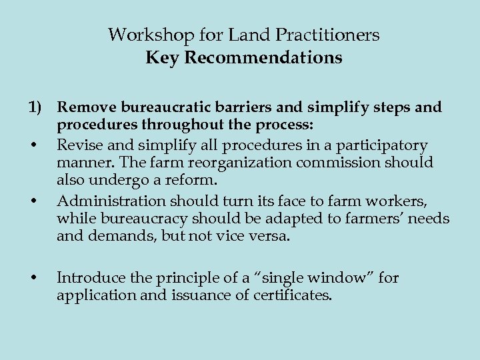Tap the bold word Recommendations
click(x=263, y=58)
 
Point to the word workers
click(x=421, y=200)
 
